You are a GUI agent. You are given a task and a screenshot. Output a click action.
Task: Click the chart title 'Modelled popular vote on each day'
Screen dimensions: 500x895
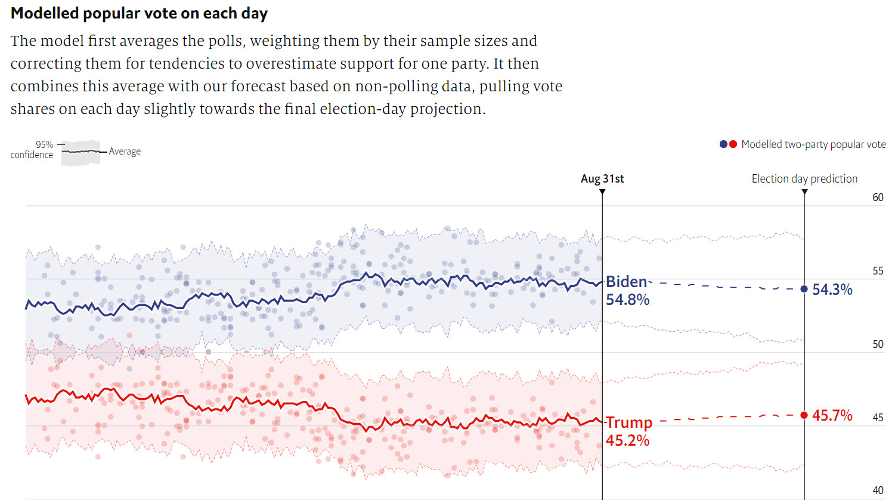(139, 13)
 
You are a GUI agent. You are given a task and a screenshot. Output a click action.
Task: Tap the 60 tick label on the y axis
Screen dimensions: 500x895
(878, 197)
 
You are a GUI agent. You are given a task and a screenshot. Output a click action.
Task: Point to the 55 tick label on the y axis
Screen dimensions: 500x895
(878, 271)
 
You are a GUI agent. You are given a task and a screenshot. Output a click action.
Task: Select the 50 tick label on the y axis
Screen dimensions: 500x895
(878, 344)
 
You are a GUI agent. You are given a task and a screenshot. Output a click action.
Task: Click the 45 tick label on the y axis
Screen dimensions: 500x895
(878, 418)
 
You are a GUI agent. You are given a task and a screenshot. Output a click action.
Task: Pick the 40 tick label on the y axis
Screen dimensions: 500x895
(878, 490)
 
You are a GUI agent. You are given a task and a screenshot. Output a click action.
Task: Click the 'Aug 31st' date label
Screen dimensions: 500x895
(602, 178)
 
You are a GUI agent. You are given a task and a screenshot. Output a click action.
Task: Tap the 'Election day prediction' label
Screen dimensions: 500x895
(804, 178)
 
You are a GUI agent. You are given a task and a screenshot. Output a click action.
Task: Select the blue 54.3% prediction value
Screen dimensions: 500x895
(832, 289)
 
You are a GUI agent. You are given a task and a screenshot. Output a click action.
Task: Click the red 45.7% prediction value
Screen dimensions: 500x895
(832, 415)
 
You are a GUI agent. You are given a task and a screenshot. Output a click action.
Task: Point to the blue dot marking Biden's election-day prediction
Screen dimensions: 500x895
(804, 289)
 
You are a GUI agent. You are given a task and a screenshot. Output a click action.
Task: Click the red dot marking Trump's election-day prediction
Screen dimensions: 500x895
(804, 415)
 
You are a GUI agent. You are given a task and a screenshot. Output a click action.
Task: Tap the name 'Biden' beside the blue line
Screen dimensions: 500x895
(626, 282)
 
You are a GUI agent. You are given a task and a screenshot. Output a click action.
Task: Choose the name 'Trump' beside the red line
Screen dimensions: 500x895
(629, 422)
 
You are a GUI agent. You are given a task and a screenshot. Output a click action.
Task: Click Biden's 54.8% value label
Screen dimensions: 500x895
(627, 300)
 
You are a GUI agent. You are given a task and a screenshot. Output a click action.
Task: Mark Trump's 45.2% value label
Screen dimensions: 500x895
(627, 440)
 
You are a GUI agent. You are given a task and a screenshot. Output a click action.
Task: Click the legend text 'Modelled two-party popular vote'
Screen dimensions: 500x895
(813, 144)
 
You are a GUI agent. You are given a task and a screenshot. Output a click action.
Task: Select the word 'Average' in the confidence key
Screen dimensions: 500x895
(125, 152)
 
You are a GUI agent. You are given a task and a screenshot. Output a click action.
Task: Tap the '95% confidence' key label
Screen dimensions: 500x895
(32, 150)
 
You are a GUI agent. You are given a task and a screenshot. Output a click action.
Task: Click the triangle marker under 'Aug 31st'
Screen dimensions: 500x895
(602, 192)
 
